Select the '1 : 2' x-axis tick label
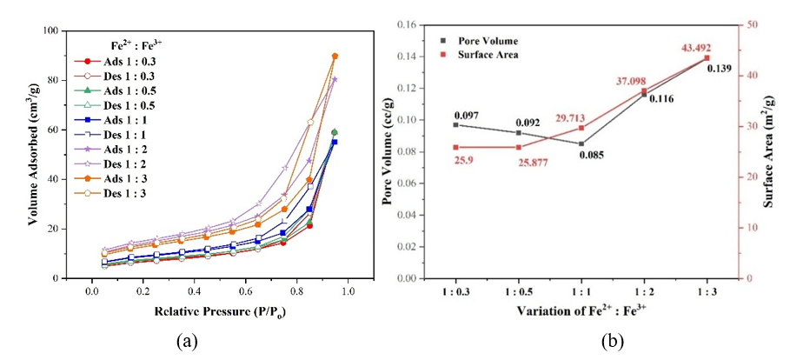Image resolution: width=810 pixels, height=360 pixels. tap(644, 293)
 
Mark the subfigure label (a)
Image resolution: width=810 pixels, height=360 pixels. tap(186, 342)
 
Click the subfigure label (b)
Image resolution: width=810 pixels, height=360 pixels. tap(615, 342)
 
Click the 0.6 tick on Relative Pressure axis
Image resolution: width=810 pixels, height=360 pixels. tap(246, 293)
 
